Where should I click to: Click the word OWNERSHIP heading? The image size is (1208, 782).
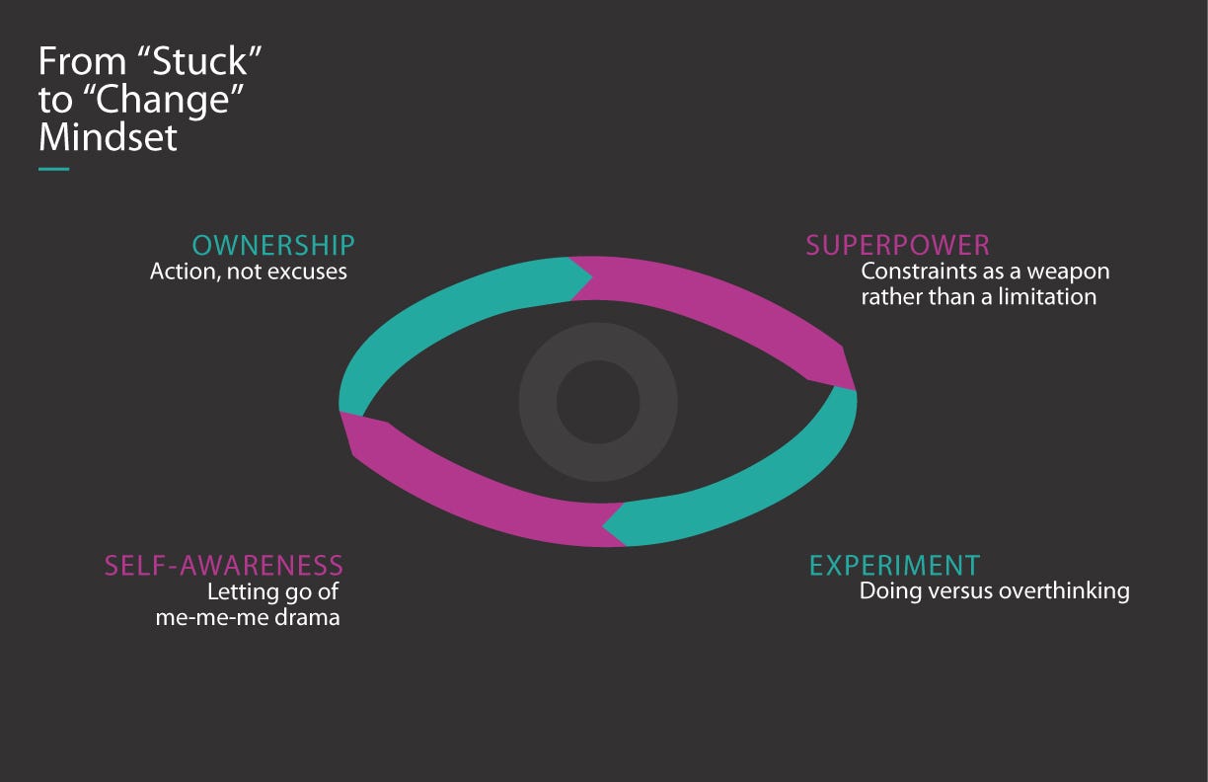273,246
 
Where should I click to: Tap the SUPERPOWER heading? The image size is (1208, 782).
897,246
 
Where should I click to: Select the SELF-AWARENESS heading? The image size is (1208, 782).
224,566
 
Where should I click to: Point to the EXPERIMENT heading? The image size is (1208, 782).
894,566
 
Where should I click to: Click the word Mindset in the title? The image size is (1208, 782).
108,137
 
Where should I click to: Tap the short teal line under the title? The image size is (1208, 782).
53,170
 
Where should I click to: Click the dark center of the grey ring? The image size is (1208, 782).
598,402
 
